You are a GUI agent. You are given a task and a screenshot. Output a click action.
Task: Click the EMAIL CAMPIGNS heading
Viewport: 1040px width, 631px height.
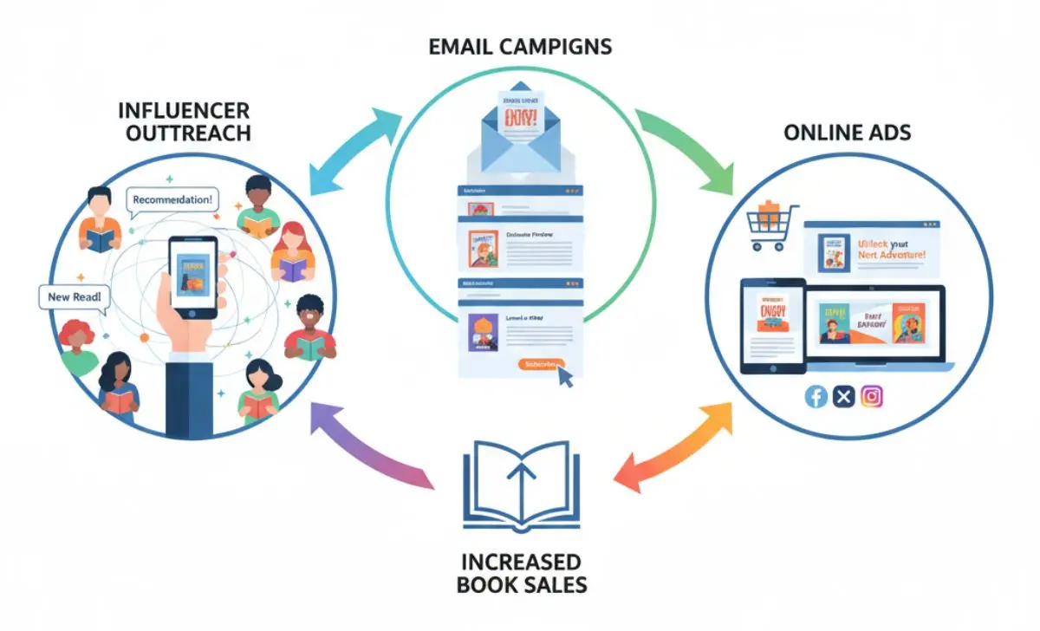[520, 46]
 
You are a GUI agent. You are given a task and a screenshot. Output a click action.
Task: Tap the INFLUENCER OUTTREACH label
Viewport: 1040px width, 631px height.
[184, 122]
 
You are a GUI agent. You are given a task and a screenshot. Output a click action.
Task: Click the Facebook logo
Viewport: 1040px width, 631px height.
[816, 397]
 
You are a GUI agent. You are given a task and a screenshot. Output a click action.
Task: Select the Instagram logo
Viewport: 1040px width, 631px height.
[873, 397]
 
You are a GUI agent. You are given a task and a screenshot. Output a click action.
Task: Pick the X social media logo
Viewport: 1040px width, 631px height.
[844, 397]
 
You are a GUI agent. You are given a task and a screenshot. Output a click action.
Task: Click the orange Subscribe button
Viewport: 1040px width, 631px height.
[541, 365]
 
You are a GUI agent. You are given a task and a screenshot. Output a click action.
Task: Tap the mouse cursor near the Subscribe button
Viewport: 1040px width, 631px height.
[567, 377]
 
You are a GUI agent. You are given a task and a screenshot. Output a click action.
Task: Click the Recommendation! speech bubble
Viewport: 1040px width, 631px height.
[173, 199]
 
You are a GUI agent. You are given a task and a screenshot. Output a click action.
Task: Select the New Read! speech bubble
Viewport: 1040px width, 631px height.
[75, 297]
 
